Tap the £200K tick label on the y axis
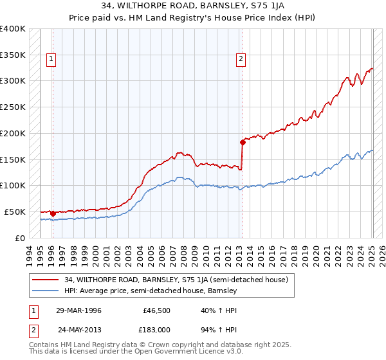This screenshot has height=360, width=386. click(13, 133)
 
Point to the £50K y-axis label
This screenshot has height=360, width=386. click(15, 212)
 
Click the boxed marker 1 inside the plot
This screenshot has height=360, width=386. click(51, 60)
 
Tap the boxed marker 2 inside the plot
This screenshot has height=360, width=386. click(241, 60)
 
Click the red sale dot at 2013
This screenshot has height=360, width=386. click(243, 141)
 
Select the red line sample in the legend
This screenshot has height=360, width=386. click(45, 280)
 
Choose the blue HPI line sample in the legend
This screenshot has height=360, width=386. click(45, 291)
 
